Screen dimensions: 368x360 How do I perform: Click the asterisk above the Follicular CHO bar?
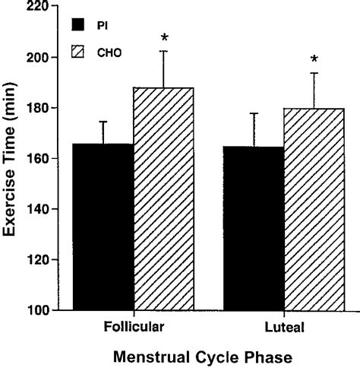click(x=164, y=38)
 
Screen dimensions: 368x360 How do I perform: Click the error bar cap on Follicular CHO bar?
click(x=164, y=51)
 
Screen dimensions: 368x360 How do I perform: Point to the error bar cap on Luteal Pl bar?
click(x=254, y=113)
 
